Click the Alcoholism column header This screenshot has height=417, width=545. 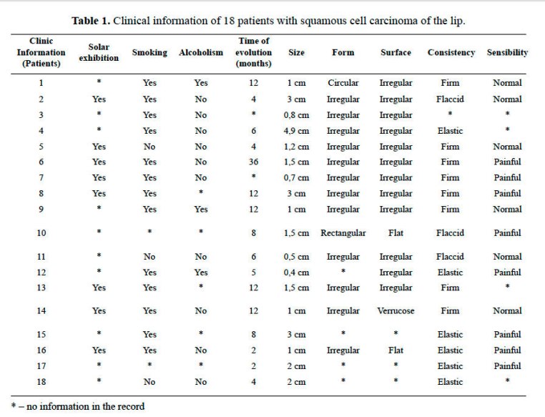point(201,52)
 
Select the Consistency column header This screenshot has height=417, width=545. point(451,52)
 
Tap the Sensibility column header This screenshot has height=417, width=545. point(507,52)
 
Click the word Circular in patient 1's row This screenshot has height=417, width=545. point(343,83)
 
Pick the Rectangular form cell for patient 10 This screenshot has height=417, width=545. point(343,233)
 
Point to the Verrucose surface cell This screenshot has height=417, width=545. point(396,310)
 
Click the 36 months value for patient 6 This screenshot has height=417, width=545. point(253,162)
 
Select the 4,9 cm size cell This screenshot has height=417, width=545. point(296,131)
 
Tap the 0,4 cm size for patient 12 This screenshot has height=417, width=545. point(296,273)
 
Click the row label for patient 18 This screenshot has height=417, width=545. point(41,381)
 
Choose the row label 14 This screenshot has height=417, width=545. point(41,310)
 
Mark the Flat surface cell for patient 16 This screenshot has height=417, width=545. point(396,350)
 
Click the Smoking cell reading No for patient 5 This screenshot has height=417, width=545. point(149,147)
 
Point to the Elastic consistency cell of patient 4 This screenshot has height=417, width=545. point(450,131)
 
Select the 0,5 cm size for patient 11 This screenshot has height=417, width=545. point(296,257)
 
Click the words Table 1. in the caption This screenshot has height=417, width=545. point(91,21)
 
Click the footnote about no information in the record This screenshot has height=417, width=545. point(78,406)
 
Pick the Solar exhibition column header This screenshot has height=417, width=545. point(99,52)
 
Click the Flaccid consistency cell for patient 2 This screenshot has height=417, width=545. point(450,99)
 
